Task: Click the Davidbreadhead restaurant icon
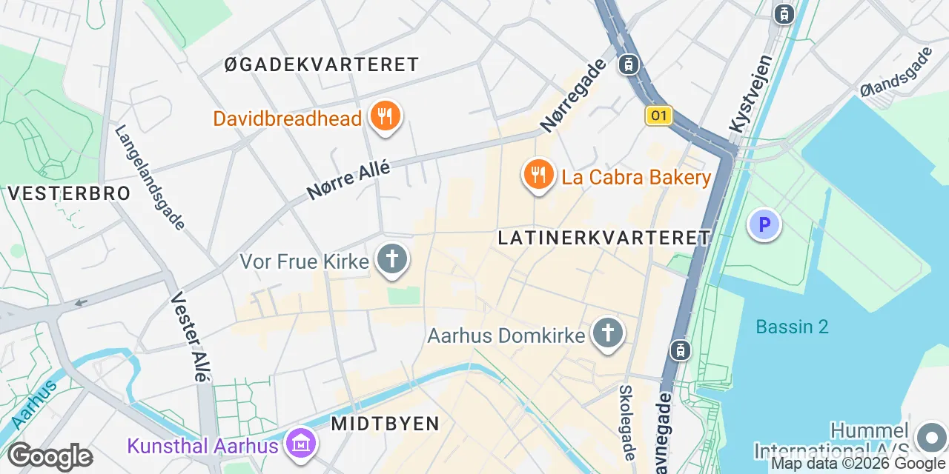384,117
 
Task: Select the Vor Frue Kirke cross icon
392,261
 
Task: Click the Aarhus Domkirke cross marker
608,334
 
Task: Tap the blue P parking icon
764,224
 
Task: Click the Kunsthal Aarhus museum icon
302,444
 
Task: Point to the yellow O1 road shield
658,116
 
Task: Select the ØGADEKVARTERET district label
322,64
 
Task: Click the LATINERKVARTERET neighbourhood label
604,238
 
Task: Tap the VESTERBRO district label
69,193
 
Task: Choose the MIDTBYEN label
385,424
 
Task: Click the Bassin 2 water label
792,327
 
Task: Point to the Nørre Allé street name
348,180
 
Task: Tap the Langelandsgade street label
150,177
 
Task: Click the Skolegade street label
627,422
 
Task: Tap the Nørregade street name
574,96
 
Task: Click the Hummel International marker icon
930,438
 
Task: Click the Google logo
50,457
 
